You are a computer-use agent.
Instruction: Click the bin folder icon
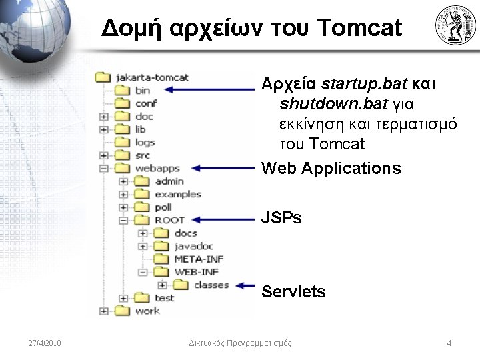pyautogui.click(x=123, y=91)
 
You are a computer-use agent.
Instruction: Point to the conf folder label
pyautogui.click(x=146, y=103)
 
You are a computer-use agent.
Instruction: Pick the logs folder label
pyautogui.click(x=145, y=142)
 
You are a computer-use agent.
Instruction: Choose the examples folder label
pyautogui.click(x=178, y=194)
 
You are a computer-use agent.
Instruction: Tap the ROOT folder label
pyautogui.click(x=170, y=220)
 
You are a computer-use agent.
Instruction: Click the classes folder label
pyautogui.click(x=211, y=285)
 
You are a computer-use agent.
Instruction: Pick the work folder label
pyautogui.click(x=147, y=311)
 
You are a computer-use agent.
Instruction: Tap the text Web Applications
pyautogui.click(x=331, y=168)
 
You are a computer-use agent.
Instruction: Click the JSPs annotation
pyautogui.click(x=282, y=218)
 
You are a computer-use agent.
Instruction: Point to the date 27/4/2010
pyautogui.click(x=45, y=343)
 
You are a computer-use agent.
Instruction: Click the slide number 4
pyautogui.click(x=449, y=343)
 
